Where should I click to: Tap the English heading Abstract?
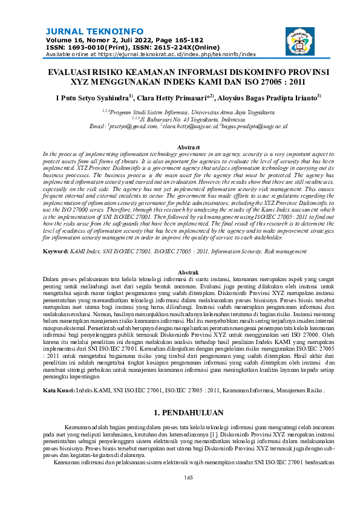(180, 148)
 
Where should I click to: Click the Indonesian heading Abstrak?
(180, 273)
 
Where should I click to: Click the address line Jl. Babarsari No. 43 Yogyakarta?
(180, 119)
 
